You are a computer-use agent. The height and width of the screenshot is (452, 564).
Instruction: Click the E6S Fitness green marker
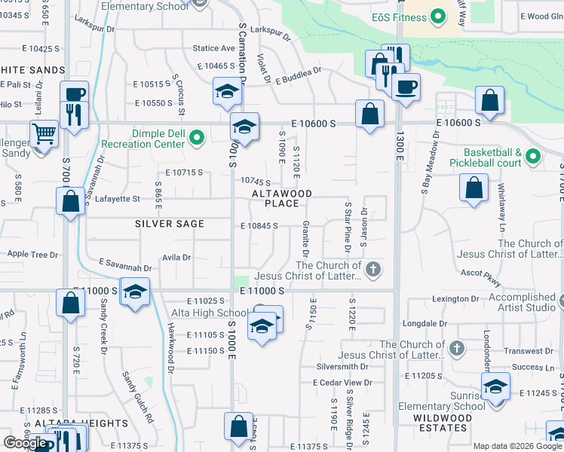click(437, 17)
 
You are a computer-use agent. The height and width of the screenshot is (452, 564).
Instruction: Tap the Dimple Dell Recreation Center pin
click(197, 137)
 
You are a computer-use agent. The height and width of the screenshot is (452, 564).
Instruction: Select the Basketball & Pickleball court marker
click(533, 157)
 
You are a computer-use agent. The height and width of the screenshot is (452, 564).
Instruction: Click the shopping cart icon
click(44, 135)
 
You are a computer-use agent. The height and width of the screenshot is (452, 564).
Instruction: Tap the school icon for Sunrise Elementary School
click(495, 388)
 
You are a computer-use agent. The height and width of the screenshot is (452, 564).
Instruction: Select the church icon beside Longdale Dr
click(455, 349)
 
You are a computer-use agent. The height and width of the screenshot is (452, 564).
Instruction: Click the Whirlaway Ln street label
click(501, 220)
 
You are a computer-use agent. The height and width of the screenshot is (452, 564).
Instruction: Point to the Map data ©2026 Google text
click(517, 446)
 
